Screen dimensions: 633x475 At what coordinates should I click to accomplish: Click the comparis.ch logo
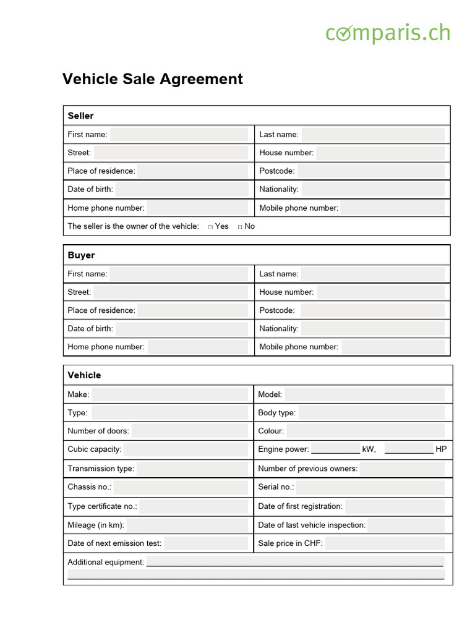(x=388, y=33)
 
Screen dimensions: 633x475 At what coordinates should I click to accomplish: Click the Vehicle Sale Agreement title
(x=152, y=79)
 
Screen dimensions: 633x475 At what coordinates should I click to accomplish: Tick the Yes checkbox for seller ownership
(x=211, y=227)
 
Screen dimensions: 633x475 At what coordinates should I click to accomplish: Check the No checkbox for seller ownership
(x=240, y=227)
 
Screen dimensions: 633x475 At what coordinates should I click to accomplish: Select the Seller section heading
(x=81, y=116)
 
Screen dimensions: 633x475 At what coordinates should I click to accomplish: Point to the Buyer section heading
(x=81, y=255)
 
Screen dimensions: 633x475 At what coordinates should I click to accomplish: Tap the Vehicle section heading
(x=84, y=375)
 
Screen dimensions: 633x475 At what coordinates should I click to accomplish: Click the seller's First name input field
(x=179, y=134)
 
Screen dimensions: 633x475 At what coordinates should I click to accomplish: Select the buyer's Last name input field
(x=372, y=274)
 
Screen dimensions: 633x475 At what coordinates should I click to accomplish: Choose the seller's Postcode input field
(x=371, y=171)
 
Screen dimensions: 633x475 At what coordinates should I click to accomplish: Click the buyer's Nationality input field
(x=372, y=329)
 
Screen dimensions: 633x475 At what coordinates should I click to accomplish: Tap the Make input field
(x=169, y=394)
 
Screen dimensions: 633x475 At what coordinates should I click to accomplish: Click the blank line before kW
(x=335, y=450)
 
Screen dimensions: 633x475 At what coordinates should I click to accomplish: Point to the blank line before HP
(x=409, y=450)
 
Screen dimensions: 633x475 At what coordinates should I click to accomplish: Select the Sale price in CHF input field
(x=384, y=543)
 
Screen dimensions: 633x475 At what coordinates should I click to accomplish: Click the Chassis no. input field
(x=181, y=487)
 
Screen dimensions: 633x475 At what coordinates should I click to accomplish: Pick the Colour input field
(x=365, y=431)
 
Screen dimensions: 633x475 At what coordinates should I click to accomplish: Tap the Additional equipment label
(x=105, y=562)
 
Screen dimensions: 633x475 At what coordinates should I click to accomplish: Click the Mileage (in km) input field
(x=187, y=525)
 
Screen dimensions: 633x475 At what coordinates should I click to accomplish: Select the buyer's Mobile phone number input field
(x=393, y=347)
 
